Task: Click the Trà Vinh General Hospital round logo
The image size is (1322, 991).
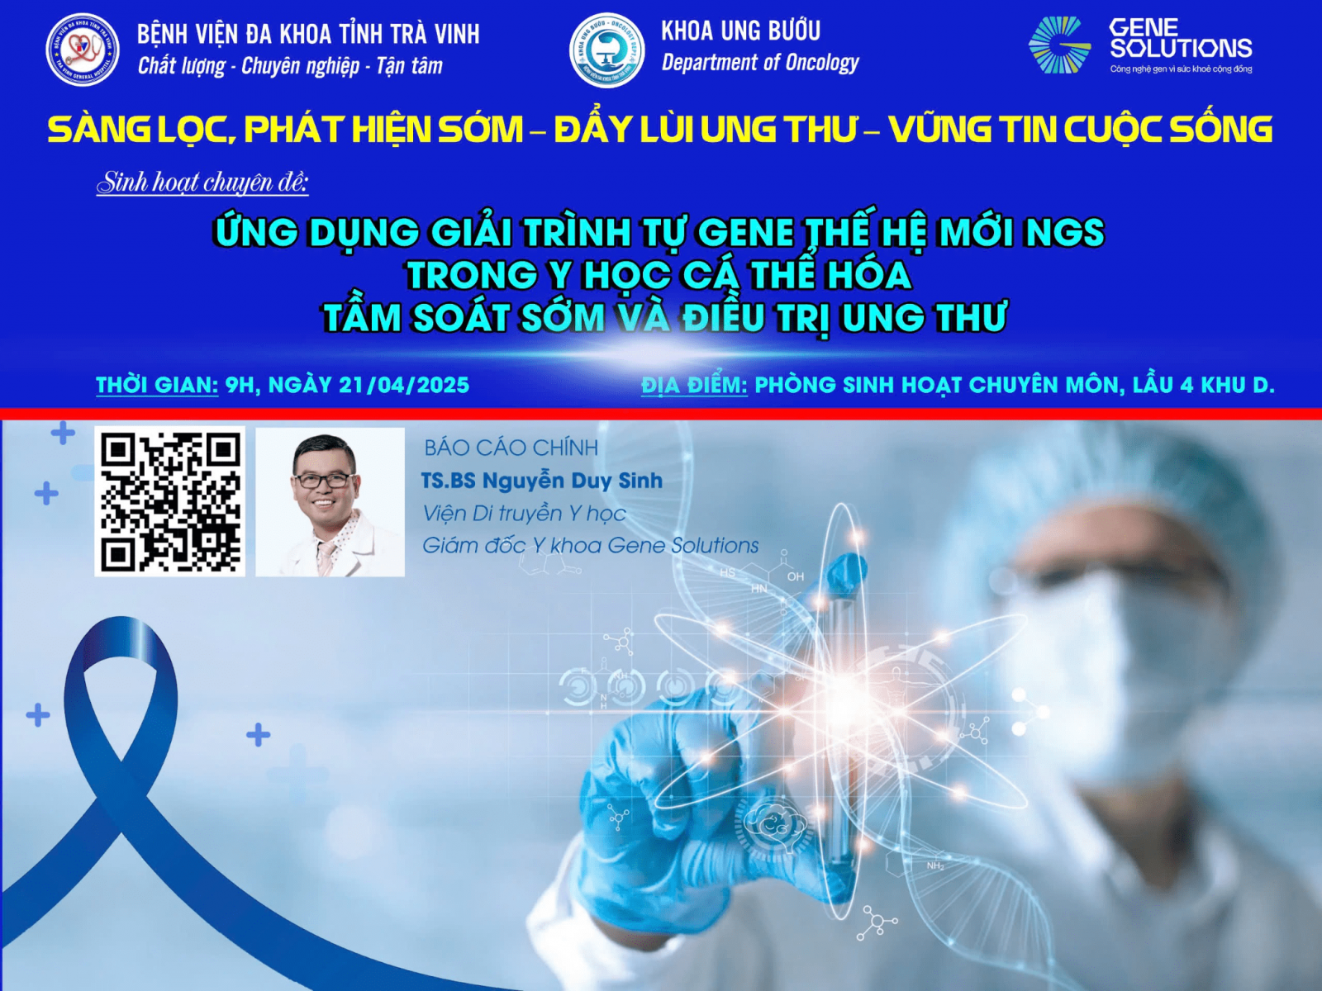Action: click(x=83, y=50)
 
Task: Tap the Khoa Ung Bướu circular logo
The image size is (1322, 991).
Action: click(x=607, y=50)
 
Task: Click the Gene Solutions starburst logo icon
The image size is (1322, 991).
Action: click(x=1060, y=45)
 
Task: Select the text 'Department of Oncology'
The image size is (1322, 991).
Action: click(x=760, y=63)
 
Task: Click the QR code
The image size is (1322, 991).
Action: click(x=170, y=501)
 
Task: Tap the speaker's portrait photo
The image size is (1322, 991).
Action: click(x=330, y=502)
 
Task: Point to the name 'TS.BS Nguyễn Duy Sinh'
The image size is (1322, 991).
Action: click(x=542, y=481)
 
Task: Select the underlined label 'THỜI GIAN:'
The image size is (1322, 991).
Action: click(x=157, y=386)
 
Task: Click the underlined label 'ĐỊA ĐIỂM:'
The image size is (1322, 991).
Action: click(x=694, y=385)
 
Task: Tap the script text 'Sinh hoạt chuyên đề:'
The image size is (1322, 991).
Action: click(x=202, y=183)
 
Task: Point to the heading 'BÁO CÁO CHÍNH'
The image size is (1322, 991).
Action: click(x=511, y=448)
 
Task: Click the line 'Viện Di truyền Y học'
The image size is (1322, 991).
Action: click(x=523, y=513)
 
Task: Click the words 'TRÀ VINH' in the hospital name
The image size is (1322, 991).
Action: click(x=435, y=35)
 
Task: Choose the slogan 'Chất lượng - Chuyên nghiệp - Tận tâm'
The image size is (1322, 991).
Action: click(x=290, y=65)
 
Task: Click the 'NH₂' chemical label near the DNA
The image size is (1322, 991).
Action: click(x=934, y=865)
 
